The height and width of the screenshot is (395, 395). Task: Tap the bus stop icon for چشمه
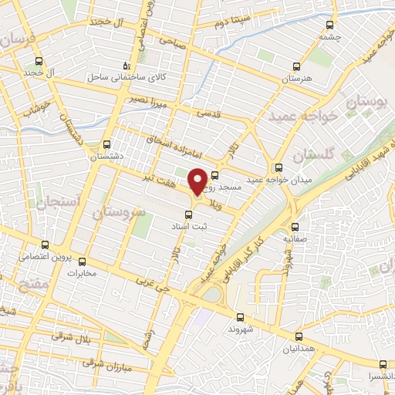330,25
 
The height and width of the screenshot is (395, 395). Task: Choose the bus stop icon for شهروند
239,316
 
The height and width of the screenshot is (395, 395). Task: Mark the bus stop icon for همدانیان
299,337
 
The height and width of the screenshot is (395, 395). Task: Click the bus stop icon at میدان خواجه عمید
278,167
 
